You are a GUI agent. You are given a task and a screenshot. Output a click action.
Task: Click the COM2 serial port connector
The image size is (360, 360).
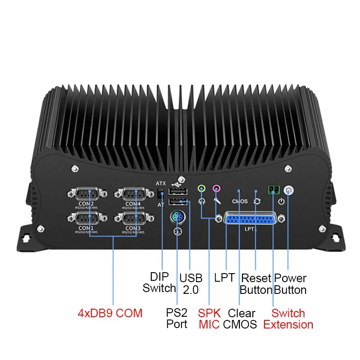(x=88, y=194)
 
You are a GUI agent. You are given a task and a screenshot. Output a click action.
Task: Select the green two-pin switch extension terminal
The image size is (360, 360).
(x=272, y=190)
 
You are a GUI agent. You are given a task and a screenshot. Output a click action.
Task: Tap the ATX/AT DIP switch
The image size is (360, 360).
(x=162, y=195)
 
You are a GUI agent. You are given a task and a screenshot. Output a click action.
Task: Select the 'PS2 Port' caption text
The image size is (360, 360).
(x=177, y=318)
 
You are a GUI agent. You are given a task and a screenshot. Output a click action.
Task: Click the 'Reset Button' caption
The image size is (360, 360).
(x=256, y=284)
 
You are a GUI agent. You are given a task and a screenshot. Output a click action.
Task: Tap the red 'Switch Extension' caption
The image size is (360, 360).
(x=288, y=319)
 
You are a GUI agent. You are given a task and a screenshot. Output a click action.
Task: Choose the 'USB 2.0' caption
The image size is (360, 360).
(x=191, y=284)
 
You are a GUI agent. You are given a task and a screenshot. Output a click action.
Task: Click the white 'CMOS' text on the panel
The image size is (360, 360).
(x=240, y=201)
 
